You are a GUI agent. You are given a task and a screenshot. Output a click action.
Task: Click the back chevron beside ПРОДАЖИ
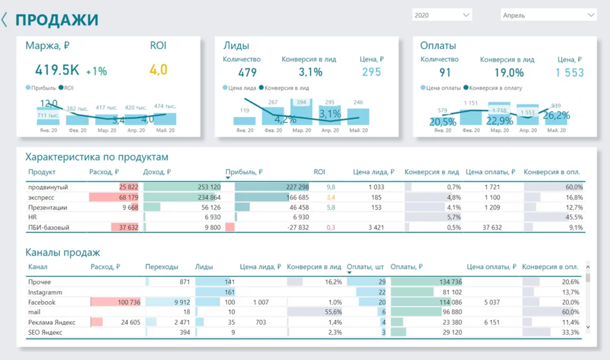pos(5,20)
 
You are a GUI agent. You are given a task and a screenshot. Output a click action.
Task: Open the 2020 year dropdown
pos(442,15)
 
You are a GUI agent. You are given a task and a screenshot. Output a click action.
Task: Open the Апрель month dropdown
pos(548,15)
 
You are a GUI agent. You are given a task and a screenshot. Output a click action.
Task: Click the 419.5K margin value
pos(57,70)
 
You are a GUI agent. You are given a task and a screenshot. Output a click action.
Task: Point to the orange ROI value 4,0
pos(158,70)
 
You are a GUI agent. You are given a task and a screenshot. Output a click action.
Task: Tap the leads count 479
pos(247,72)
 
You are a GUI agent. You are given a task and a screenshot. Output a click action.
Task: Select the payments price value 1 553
pos(570,73)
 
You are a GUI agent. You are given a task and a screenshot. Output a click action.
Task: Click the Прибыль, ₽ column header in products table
pos(244,172)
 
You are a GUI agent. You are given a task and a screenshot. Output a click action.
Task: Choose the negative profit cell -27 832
pos(296,227)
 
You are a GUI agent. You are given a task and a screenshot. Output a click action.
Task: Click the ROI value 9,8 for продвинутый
pos(331,187)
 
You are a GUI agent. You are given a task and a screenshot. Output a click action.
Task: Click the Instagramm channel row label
pos(45,292)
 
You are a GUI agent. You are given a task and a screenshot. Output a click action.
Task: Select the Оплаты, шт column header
pos(365,266)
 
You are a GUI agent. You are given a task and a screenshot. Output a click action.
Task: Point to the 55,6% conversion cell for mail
pos(333,312)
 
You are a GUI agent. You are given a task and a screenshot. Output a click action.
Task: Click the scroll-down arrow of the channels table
pos(588,327)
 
